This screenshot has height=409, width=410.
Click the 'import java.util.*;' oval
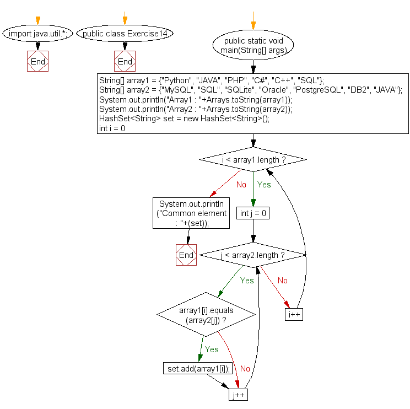(37, 34)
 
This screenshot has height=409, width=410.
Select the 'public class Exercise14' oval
(125, 34)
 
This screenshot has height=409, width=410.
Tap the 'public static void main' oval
(253, 45)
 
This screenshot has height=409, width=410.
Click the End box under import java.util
(37, 61)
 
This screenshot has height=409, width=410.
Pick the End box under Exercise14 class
(125, 61)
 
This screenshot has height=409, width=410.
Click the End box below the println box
(186, 255)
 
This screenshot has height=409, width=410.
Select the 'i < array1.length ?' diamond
(253, 159)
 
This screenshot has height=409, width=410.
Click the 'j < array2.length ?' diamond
(253, 255)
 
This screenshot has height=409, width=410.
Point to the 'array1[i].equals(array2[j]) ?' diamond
(207, 315)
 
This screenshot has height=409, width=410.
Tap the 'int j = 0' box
(253, 213)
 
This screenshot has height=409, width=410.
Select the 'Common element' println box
(191, 213)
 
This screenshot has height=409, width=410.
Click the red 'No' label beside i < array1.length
(241, 185)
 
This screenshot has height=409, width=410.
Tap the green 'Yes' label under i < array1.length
(264, 185)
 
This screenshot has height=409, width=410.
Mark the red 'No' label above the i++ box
(282, 281)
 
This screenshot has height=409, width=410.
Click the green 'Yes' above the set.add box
(212, 349)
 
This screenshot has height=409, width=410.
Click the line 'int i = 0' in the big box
(112, 128)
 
